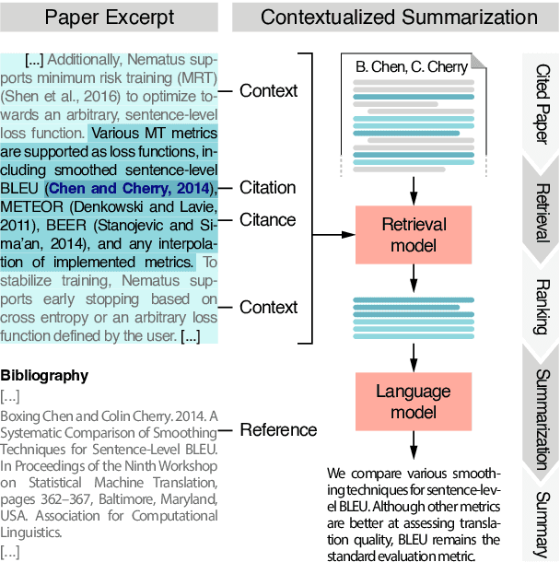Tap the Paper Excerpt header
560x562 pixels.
pos(109,17)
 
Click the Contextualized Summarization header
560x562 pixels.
pos(399,17)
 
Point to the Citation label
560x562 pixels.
pos(268,188)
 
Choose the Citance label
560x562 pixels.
pos(268,219)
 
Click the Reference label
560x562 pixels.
pos(278,429)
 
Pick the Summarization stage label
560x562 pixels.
pos(542,406)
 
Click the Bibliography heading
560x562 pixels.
pos(44,375)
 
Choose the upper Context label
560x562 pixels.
pos(268,90)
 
